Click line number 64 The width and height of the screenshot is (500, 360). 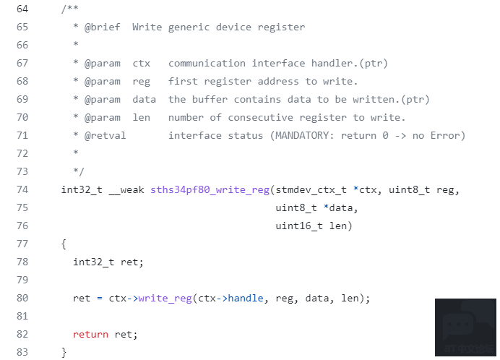coord(22,9)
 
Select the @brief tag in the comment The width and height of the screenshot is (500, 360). coord(103,27)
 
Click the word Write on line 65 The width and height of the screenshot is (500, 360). coord(147,27)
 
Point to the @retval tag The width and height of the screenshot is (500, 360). coord(105,135)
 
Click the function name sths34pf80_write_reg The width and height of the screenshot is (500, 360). coord(210,189)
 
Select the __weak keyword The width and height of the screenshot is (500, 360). coord(126,190)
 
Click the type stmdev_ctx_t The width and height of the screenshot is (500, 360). coord(311,190)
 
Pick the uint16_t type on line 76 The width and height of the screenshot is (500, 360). coord(299,226)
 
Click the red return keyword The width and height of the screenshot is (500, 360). coord(90,335)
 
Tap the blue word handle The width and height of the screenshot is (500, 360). coord(246,298)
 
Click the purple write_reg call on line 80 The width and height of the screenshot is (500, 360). coord(165,298)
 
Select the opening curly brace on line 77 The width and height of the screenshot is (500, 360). coord(64,244)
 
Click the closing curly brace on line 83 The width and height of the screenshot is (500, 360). coord(64,352)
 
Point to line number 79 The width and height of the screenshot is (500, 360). coord(22,280)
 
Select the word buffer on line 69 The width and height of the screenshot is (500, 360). coord(210,99)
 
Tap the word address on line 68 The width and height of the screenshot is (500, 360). coord(278,81)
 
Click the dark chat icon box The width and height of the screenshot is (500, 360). coord(465,327)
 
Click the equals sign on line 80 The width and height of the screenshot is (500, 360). coord(100,299)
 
